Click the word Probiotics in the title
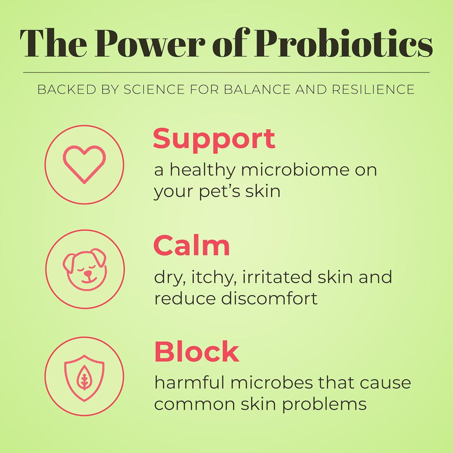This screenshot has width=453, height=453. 343,43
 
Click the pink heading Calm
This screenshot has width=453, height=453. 192,246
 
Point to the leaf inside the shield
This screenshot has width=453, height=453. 84,377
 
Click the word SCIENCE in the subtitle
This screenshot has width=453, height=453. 154,89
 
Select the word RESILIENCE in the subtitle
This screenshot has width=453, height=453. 373,89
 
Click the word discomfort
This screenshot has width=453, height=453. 269,298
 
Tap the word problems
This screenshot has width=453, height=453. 324,404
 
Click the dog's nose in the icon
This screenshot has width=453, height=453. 87,273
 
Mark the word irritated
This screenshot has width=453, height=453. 277,277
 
